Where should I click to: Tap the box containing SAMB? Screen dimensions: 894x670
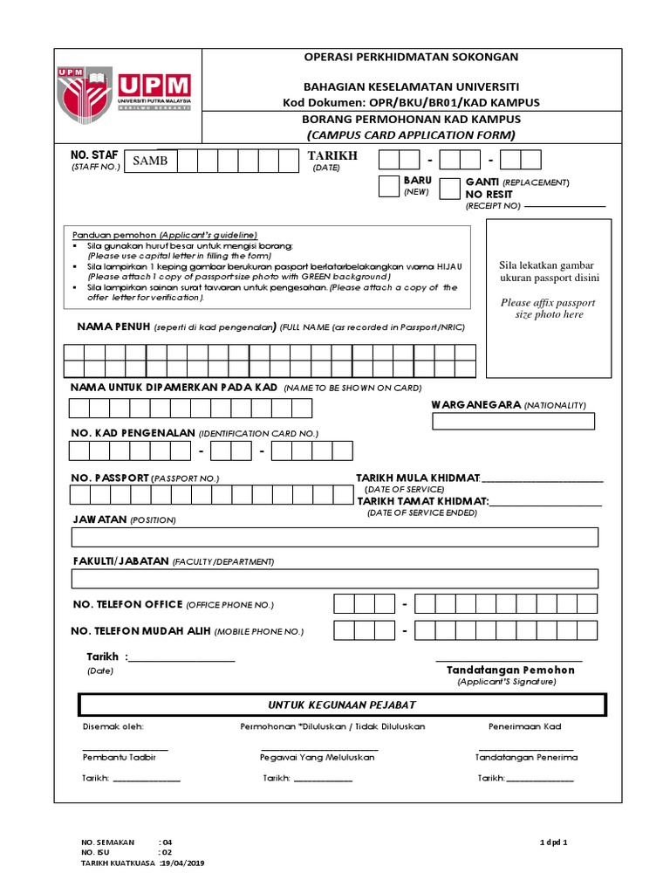(x=150, y=162)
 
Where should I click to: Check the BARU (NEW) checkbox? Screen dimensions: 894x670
(x=388, y=186)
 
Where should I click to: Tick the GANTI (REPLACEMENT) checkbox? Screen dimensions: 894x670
(x=450, y=189)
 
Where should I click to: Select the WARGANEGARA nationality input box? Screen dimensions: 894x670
(x=513, y=422)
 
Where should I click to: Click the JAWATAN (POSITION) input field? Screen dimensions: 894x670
(x=334, y=537)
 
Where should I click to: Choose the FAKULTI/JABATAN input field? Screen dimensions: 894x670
(x=334, y=578)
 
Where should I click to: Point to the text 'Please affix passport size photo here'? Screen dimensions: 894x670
(x=547, y=308)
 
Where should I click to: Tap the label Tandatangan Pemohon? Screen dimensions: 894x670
(x=510, y=670)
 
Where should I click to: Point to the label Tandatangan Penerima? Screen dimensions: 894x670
(x=526, y=757)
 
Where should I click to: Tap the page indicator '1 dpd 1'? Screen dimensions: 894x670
(x=553, y=842)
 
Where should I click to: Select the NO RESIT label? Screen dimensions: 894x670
(x=489, y=194)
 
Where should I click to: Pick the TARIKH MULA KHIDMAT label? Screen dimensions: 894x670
(x=418, y=478)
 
